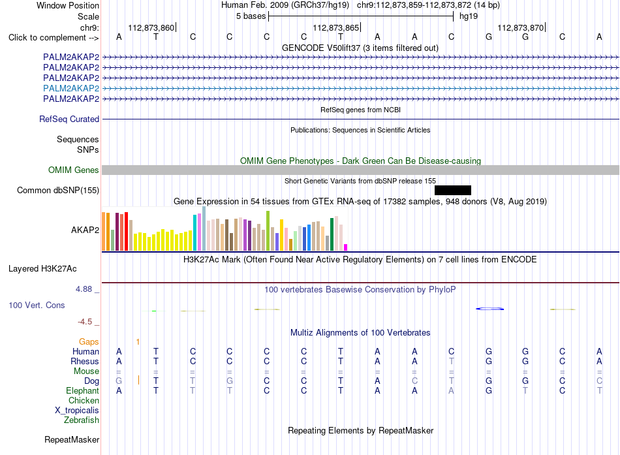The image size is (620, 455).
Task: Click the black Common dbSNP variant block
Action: click(x=453, y=191)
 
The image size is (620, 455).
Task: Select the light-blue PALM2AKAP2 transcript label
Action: click(x=71, y=88)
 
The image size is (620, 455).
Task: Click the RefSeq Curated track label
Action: click(x=69, y=119)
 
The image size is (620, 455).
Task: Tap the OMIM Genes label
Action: click(x=74, y=170)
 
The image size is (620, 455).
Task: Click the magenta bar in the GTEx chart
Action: click(x=346, y=247)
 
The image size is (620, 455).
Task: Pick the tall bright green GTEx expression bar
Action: click(x=268, y=230)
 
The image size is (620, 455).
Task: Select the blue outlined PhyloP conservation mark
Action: click(x=490, y=309)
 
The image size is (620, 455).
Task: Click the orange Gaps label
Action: click(x=89, y=341)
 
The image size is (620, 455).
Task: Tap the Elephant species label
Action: click(x=83, y=390)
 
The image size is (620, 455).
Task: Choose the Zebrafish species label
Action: click(x=82, y=420)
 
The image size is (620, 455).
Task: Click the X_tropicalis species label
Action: click(x=77, y=411)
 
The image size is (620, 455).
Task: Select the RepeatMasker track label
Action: click(x=72, y=439)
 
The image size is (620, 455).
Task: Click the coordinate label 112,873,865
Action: click(x=335, y=27)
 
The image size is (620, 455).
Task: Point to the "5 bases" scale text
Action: click(x=251, y=16)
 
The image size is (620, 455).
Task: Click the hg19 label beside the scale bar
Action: click(x=469, y=16)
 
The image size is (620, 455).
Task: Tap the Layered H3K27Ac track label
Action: click(x=42, y=269)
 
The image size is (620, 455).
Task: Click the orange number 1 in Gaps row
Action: click(x=138, y=341)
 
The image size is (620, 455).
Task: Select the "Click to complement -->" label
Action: click(x=54, y=38)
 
